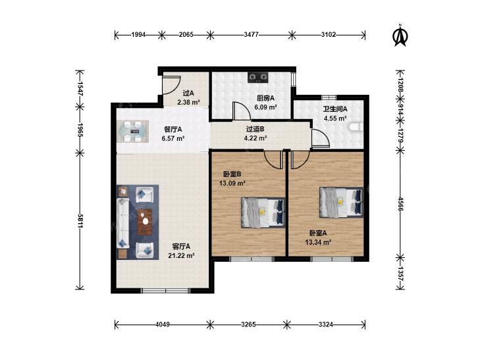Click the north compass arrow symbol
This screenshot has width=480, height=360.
[x=400, y=36]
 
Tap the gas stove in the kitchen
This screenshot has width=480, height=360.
[x=258, y=78]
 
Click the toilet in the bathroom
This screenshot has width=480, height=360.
[x=356, y=127]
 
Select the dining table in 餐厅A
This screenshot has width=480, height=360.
[x=133, y=132]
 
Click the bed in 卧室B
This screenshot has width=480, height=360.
[x=263, y=213]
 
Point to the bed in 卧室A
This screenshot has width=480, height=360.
[x=342, y=202]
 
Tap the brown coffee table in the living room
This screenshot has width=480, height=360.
[x=145, y=222]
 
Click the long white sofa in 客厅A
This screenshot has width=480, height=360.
[x=123, y=223]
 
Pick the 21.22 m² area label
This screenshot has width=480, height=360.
[x=182, y=255]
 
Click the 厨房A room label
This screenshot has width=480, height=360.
[x=265, y=98]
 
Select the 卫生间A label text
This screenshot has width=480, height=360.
[x=335, y=109]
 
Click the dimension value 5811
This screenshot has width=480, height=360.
[x=80, y=220]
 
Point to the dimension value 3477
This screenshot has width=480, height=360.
[x=251, y=35]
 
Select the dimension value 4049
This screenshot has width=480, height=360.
[x=163, y=324]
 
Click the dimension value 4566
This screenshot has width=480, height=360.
[x=400, y=204]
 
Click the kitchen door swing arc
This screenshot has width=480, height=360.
[x=242, y=111]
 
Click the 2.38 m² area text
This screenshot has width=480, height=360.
[x=188, y=103]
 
